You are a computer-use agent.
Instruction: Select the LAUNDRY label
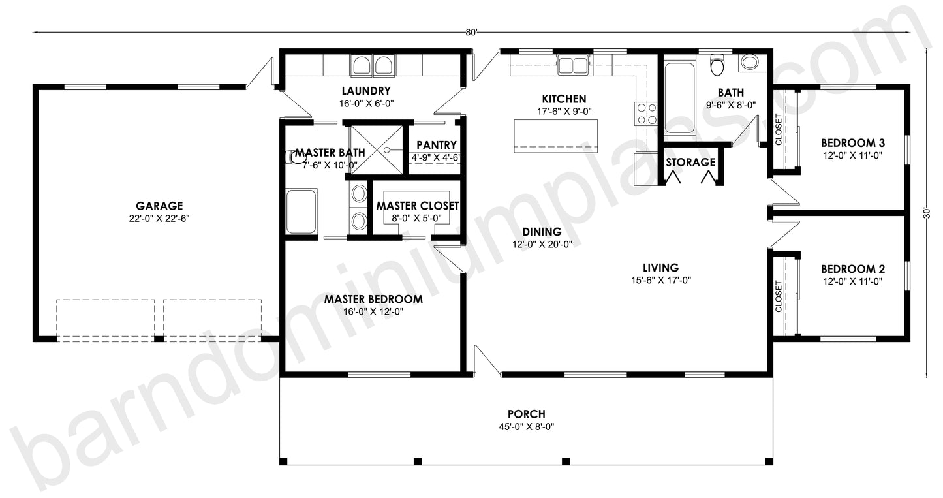coord(365,91)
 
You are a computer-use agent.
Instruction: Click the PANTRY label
coord(436,145)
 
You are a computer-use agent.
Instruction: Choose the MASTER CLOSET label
coord(418,206)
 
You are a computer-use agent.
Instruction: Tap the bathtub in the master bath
coord(301,211)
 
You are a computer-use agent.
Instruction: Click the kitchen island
coord(555,136)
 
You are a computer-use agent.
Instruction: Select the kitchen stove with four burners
coord(646,114)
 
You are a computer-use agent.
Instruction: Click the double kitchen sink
coord(574,65)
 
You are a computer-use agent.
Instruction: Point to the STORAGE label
coord(690,162)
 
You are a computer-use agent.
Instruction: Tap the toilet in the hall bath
coord(717,65)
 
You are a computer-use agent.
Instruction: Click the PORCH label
coord(526,414)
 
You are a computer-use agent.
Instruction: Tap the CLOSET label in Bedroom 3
coord(779,131)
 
